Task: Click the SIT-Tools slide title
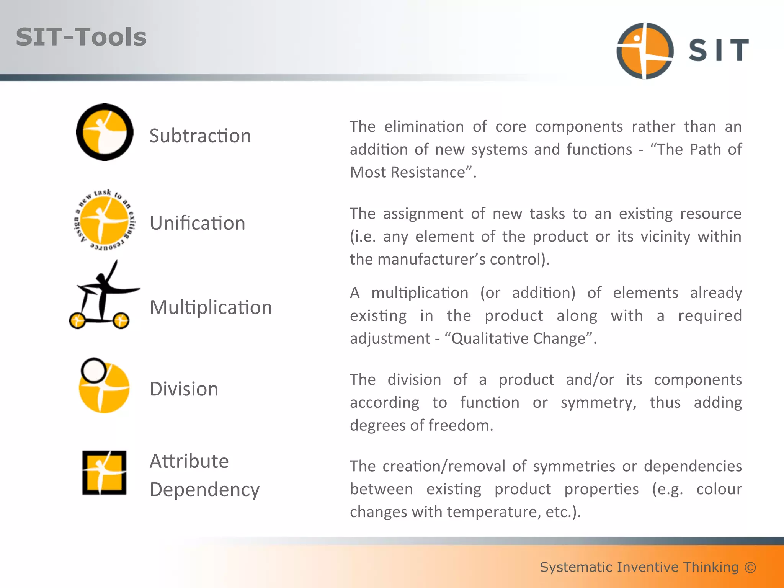click(x=81, y=37)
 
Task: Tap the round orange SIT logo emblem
click(x=645, y=51)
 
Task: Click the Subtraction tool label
click(x=200, y=136)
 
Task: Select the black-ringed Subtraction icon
click(x=105, y=132)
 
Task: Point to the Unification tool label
click(x=198, y=223)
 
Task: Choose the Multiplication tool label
click(x=211, y=307)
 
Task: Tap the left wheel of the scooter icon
click(x=78, y=320)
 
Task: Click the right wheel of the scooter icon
click(x=121, y=320)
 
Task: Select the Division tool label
click(x=184, y=389)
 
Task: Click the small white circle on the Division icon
click(x=94, y=370)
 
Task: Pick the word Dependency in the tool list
click(x=205, y=490)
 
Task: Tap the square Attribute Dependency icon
click(x=104, y=473)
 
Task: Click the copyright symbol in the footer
click(x=750, y=567)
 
